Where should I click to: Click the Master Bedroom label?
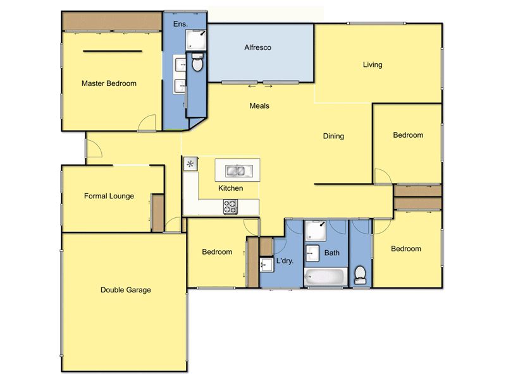109,83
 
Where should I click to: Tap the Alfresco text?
257,47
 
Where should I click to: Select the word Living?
373,64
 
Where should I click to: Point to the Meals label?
259,105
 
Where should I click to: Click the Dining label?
333,136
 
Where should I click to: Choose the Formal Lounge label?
109,196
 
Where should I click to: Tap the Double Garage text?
125,290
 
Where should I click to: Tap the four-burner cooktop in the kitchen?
230,206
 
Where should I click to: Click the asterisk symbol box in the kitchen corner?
190,164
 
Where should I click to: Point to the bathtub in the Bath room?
325,276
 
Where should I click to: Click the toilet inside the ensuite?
197,63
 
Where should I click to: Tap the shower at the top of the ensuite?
195,40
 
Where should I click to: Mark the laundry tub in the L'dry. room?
266,263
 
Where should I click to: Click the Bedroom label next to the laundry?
217,252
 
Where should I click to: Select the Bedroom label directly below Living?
408,135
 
